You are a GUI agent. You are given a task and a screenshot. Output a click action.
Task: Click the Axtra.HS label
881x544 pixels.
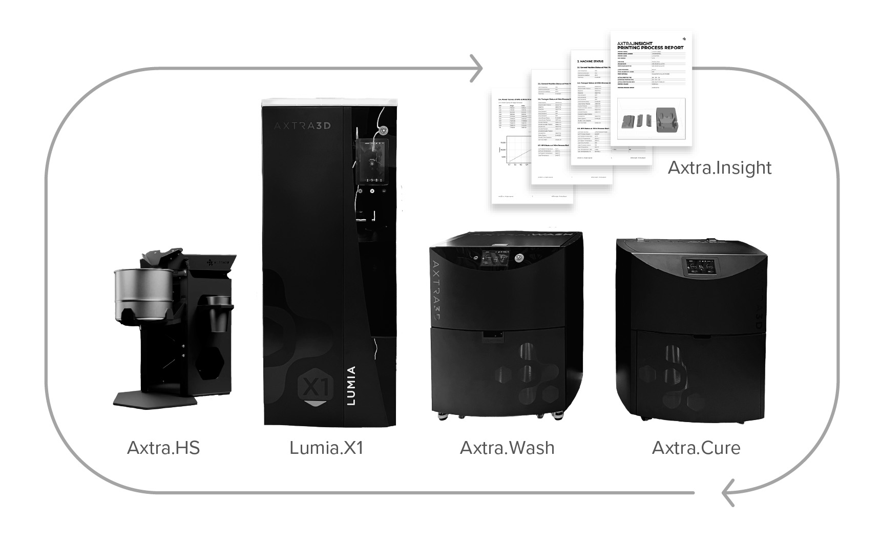(x=163, y=448)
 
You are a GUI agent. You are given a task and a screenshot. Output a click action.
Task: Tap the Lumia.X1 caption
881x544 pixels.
(x=326, y=448)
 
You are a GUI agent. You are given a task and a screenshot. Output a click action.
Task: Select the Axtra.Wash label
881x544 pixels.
(x=507, y=448)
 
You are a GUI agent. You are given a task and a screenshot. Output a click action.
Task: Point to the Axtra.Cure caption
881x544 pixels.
(x=696, y=448)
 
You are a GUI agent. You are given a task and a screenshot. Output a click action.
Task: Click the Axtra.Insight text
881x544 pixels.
(x=719, y=168)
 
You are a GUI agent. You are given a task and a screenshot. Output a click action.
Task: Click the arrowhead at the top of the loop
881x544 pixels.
(x=477, y=68)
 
